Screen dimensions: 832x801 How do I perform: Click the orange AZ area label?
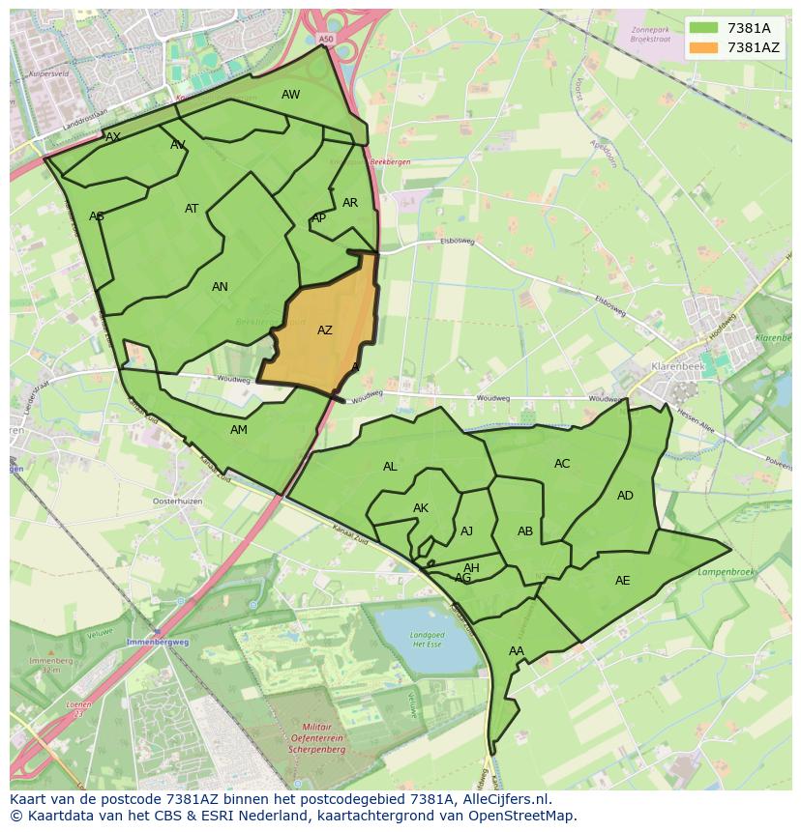pos(325,330)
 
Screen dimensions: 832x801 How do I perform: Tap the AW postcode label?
pos(290,95)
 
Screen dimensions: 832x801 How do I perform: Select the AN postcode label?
pos(220,287)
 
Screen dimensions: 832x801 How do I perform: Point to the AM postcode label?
pos(239,430)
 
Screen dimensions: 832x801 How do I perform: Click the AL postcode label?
pos(390,467)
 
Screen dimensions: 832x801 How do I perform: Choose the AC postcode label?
pos(562,464)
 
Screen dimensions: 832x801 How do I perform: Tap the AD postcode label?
pos(625,496)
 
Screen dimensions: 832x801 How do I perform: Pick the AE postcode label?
pos(622,581)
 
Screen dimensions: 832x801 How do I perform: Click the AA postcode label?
pos(516,651)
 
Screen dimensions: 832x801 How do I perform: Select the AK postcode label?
pos(421,508)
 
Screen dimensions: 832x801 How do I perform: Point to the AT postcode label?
pos(192,209)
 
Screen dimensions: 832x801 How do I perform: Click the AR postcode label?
pos(350,203)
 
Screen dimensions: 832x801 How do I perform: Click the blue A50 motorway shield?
pos(325,39)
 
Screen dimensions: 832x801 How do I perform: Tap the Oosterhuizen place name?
pos(177,502)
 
